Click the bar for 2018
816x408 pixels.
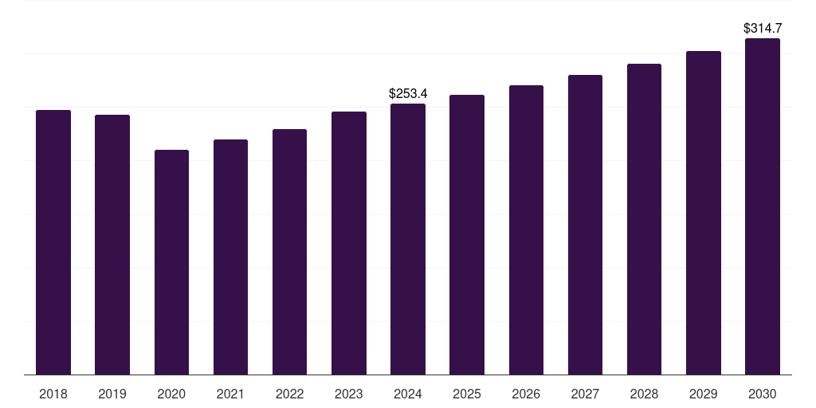[53, 242]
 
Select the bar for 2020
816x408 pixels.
[171, 262]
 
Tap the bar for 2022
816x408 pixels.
[289, 252]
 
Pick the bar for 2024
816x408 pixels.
[408, 239]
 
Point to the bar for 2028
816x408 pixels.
[644, 219]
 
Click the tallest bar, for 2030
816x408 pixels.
[763, 206]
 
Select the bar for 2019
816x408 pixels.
[112, 245]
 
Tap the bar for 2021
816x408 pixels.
[230, 257]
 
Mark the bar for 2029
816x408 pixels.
[704, 213]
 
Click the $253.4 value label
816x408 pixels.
[408, 94]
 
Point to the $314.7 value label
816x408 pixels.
[763, 29]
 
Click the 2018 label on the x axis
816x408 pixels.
[53, 394]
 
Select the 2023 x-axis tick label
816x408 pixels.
[349, 394]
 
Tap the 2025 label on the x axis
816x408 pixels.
[467, 394]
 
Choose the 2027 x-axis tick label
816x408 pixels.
[585, 394]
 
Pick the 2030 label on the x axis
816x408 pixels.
[763, 394]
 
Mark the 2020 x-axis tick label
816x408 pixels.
[171, 394]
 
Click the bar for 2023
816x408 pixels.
[349, 243]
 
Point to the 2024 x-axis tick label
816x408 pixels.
[408, 394]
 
